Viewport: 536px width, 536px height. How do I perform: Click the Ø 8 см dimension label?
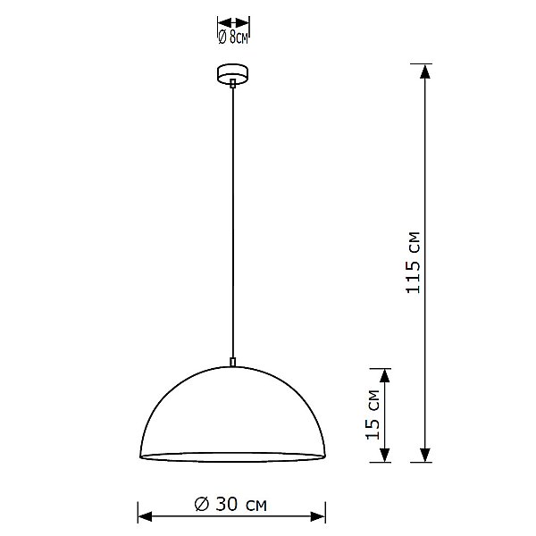click(x=232, y=37)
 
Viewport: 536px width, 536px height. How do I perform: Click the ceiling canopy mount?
click(x=232, y=73)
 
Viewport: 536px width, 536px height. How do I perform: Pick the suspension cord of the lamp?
click(x=232, y=223)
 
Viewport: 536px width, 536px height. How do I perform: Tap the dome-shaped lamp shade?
click(x=231, y=415)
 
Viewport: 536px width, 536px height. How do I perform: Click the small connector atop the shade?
click(x=232, y=362)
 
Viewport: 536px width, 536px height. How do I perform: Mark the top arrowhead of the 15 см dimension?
click(x=385, y=373)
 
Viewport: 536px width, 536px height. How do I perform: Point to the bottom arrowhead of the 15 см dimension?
click(x=385, y=456)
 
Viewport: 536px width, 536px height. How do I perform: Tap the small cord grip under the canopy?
click(x=232, y=85)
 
